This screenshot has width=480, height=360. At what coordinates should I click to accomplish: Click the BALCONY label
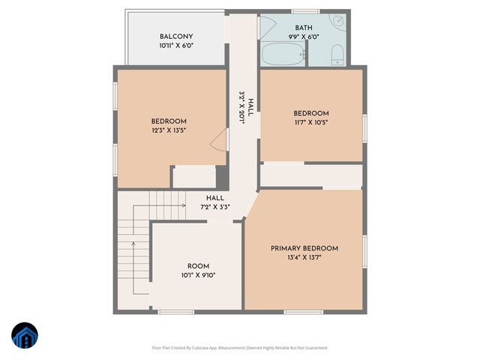click(x=176, y=37)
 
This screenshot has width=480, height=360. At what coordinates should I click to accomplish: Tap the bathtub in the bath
click(x=283, y=54)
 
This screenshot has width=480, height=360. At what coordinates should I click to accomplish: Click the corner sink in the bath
click(x=339, y=21)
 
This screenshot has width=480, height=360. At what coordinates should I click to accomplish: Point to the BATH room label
click(x=304, y=28)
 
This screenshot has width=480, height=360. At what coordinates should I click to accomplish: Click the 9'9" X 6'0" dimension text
click(x=304, y=37)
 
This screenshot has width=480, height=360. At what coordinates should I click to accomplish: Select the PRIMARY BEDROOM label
click(x=304, y=248)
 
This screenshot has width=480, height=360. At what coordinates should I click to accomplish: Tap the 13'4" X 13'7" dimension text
click(x=304, y=258)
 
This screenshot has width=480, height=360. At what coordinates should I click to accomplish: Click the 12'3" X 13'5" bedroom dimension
click(x=169, y=130)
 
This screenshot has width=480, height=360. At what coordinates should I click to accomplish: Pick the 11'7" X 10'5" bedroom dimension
click(x=310, y=123)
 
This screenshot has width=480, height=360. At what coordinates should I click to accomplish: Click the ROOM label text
click(x=198, y=266)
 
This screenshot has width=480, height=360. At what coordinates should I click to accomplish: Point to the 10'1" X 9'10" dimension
click(x=198, y=275)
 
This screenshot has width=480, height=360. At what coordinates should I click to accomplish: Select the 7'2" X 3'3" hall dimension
click(x=214, y=208)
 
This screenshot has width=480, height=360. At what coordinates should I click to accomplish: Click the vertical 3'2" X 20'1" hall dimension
click(x=241, y=108)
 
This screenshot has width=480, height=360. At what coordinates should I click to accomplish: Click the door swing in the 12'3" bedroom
click(x=218, y=139)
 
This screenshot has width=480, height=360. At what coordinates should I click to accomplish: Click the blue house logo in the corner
click(x=24, y=336)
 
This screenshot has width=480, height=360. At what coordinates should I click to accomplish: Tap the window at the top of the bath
click(x=305, y=11)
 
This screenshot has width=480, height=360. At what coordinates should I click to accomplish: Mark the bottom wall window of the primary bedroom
click(x=304, y=312)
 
